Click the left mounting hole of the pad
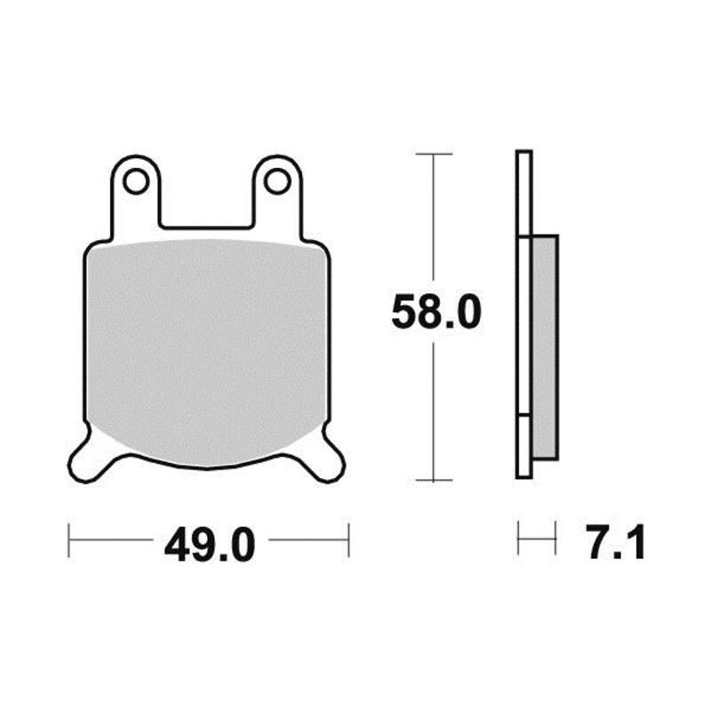(136, 181)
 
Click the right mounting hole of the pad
(277, 181)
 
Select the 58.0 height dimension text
(436, 312)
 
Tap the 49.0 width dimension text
(210, 544)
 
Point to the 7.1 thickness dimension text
(615, 542)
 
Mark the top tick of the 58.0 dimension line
(434, 154)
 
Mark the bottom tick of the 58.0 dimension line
(434, 480)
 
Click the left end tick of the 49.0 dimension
(68, 540)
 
